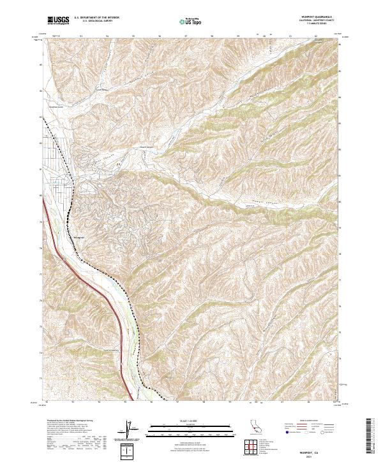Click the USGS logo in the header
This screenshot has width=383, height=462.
click(58, 21)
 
